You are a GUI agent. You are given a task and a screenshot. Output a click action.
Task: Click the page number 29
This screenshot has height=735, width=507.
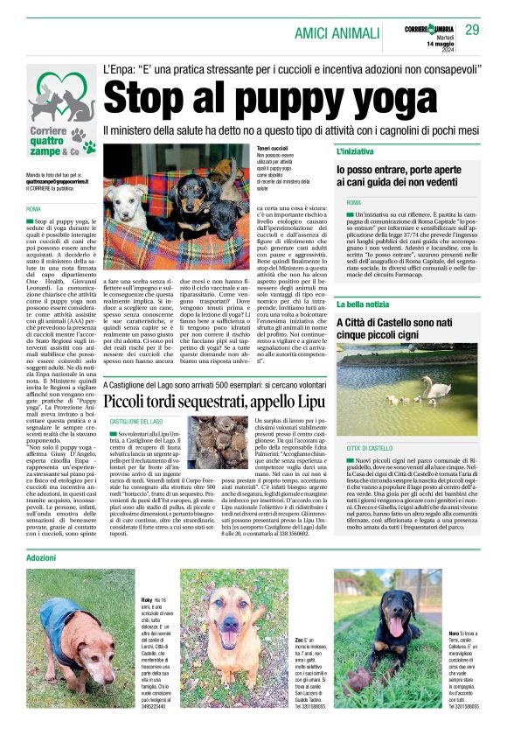click(x=472, y=31)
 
